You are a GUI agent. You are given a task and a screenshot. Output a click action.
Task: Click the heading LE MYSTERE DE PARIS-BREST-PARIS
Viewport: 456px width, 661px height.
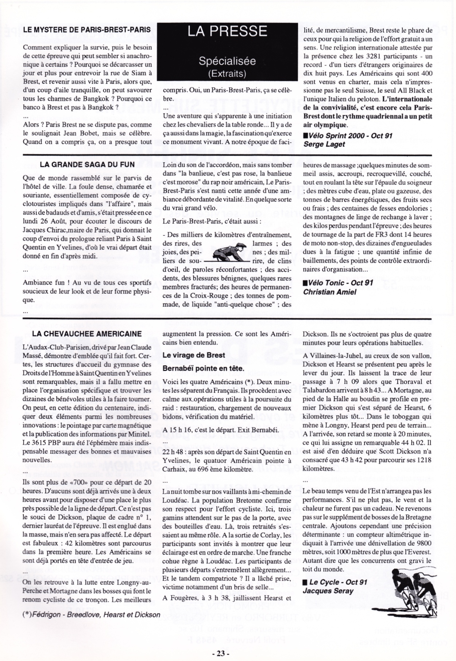click(87, 30)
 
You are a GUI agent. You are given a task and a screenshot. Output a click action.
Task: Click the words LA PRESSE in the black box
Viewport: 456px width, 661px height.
click(227, 31)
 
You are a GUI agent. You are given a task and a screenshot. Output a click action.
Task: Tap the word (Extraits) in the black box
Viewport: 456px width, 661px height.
click(227, 74)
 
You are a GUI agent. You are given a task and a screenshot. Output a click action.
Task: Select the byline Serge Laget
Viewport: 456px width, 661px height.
click(324, 144)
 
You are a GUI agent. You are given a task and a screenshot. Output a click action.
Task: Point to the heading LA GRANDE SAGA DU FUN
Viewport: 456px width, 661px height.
click(87, 164)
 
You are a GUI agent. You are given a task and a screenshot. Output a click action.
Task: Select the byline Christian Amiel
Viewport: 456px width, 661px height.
click(329, 292)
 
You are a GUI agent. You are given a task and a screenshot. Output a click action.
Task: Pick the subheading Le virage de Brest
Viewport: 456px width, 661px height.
click(194, 355)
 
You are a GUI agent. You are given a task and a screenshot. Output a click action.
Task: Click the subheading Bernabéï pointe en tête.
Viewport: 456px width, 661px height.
click(203, 368)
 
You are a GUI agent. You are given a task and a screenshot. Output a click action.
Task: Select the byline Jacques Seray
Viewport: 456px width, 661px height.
click(328, 591)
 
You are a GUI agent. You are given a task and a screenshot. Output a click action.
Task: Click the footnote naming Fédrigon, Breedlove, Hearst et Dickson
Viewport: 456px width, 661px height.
click(91, 615)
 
